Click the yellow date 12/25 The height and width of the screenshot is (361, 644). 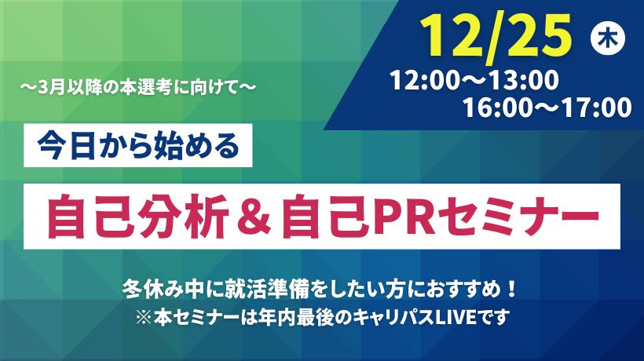click(496, 38)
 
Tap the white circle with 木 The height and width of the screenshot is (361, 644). click(607, 38)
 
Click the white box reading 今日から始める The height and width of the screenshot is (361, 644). click(138, 145)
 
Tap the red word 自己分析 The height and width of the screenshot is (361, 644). click(138, 217)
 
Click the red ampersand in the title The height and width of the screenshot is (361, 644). click(255, 217)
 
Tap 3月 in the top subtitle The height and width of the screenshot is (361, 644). click(51, 87)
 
